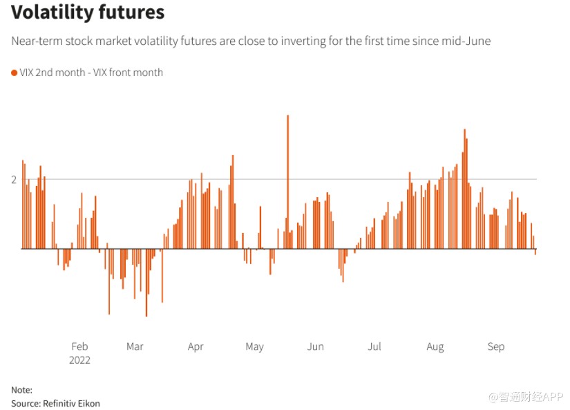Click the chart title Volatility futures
[88, 13]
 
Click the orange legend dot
[14, 73]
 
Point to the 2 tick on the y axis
[14, 180]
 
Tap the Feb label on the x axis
[79, 346]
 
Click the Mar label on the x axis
[135, 346]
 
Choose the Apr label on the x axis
[196, 346]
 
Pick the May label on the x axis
[254, 346]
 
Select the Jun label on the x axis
[315, 346]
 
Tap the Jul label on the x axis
[374, 346]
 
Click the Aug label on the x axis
[435, 346]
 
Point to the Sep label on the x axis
[496, 346]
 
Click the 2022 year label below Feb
[79, 360]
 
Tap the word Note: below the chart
[21, 390]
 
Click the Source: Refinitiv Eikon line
[55, 403]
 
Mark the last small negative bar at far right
[535, 252]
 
